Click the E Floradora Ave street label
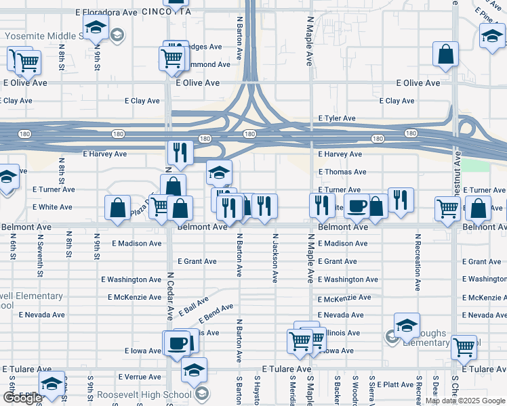click(x=106, y=12)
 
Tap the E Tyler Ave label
click(x=337, y=118)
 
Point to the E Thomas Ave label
click(x=342, y=172)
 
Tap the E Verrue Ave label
click(x=138, y=376)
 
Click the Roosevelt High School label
click(x=144, y=394)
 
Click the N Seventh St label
click(x=41, y=257)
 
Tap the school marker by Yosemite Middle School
click(x=96, y=28)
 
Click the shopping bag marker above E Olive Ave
click(x=445, y=55)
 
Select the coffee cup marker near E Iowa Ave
click(x=177, y=342)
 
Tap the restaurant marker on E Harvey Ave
click(x=180, y=152)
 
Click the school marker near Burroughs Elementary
click(x=407, y=325)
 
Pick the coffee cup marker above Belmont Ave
click(x=357, y=205)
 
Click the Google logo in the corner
click(x=22, y=398)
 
